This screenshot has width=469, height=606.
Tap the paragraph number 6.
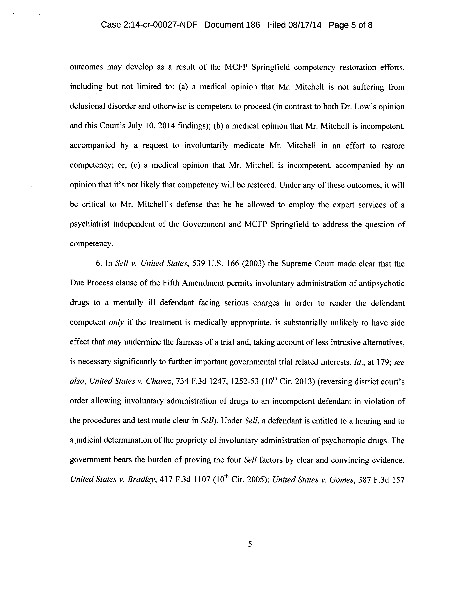pos(99,264)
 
